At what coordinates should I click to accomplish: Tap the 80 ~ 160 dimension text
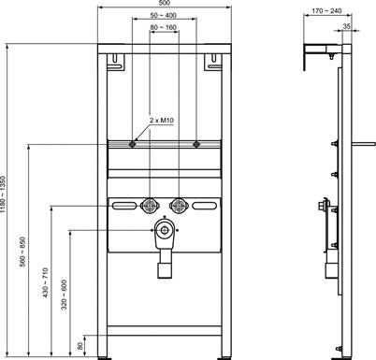pyautogui.click(x=165, y=29)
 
